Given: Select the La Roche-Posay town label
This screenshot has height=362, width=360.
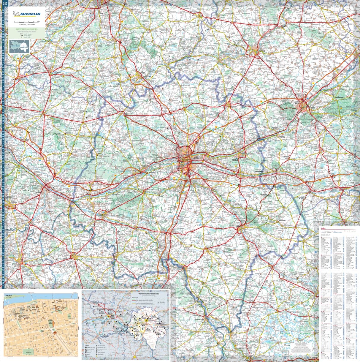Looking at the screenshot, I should pyautogui.click(x=199, y=320).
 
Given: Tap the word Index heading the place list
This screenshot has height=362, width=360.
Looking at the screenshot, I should pyautogui.click(x=324, y=228).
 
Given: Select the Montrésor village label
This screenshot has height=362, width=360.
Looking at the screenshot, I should pyautogui.click(x=282, y=220).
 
